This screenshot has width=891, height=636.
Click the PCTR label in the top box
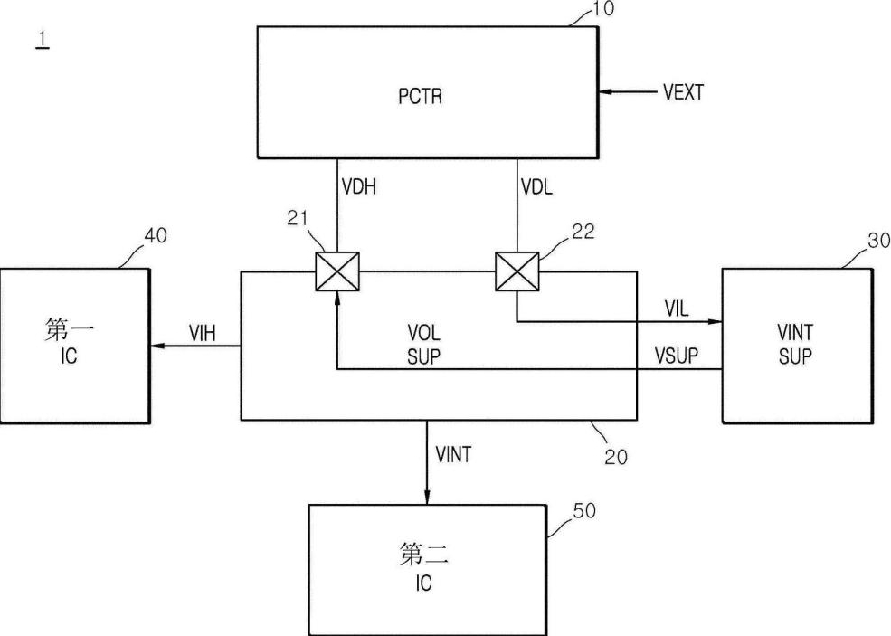pos(421,95)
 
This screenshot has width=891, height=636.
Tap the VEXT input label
pos(682,91)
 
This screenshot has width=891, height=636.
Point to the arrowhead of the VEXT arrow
pos(603,91)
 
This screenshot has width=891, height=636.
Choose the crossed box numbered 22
pos(517,271)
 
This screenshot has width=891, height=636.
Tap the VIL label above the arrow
pos(677,308)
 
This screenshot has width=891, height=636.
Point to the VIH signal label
pos(201,333)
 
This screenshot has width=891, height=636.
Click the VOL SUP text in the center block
pos(422,344)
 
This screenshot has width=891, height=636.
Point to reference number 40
pos(156,236)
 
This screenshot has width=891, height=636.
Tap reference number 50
pos(584,511)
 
